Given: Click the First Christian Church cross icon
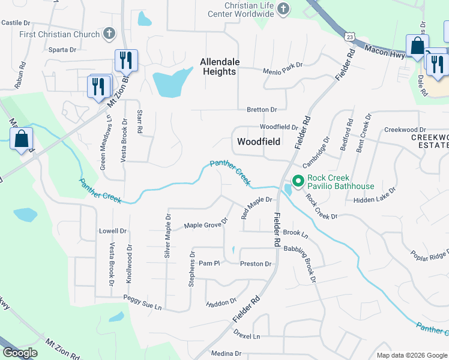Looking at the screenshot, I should point(109,34).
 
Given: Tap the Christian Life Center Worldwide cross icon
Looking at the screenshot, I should point(284,9).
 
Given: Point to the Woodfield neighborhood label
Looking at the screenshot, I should point(259,142).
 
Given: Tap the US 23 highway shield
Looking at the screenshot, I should point(350,37).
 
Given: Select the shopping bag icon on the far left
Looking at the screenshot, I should point(21,139).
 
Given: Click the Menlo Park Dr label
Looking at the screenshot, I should point(283,71).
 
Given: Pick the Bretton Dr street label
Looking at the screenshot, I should point(262,110).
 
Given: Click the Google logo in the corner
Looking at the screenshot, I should point(20,353).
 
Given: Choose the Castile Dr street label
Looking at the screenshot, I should point(16,23).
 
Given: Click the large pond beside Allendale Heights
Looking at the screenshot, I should point(171,82).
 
